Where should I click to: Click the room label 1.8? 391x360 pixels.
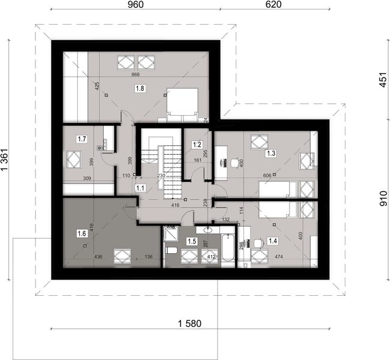[x=140, y=88]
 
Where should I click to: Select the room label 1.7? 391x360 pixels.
[x=82, y=139]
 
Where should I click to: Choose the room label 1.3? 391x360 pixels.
[x=270, y=154]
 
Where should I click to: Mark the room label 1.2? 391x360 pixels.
[x=196, y=145]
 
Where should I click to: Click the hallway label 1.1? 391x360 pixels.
[x=141, y=188]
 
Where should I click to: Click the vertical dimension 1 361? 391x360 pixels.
[x=6, y=161]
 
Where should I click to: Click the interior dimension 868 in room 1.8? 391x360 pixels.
[x=139, y=75]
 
